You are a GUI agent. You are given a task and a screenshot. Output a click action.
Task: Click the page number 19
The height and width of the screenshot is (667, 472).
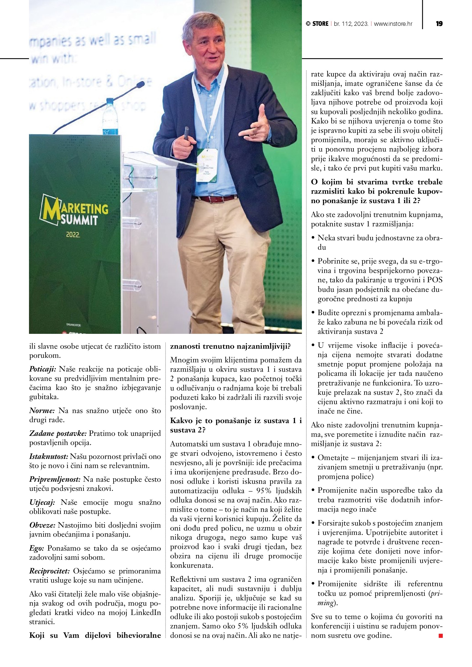[439, 24]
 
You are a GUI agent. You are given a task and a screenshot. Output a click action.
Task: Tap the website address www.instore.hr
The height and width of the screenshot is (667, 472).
[393, 24]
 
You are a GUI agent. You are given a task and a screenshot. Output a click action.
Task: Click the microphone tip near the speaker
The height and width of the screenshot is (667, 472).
[141, 85]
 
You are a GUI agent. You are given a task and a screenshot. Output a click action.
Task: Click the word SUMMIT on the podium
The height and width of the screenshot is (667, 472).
[79, 220]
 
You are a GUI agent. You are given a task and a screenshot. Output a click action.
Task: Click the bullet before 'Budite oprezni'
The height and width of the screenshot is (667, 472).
[313, 313]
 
